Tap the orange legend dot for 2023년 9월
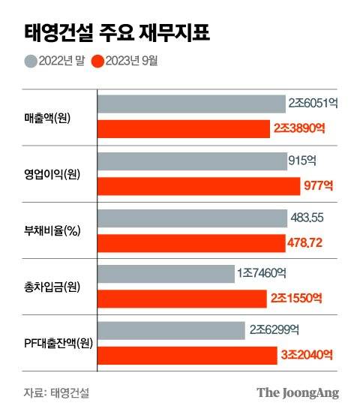[95, 61]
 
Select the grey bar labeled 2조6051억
[191, 104]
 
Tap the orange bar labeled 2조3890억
[184, 129]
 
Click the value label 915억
[302, 160]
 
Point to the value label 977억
[313, 185]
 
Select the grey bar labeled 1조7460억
[166, 273]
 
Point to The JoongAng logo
[298, 392]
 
